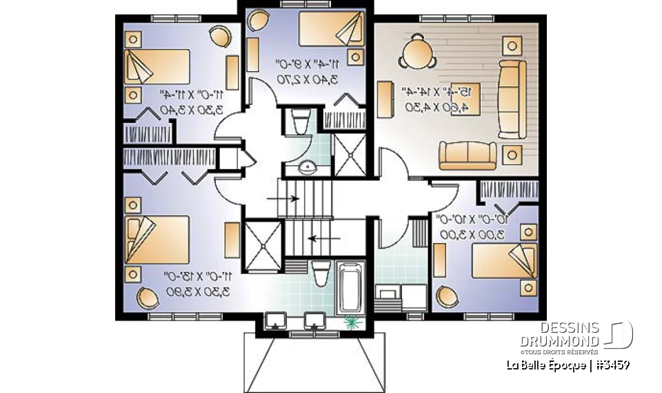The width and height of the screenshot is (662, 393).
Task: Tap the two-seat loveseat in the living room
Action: pyautogui.click(x=468, y=155)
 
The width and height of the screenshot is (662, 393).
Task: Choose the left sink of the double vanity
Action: pyautogui.click(x=276, y=319)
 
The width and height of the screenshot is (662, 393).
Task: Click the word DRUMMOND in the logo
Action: pyautogui.click(x=559, y=341)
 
